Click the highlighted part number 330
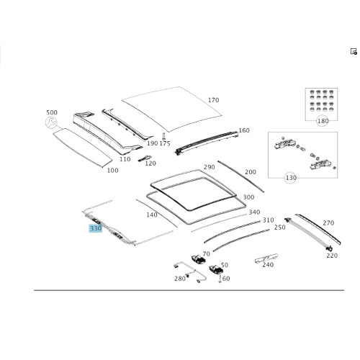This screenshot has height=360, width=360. pyautogui.click(x=96, y=228)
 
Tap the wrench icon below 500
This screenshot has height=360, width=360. pyautogui.click(x=51, y=122)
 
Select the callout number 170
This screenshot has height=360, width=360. pyautogui.click(x=213, y=100)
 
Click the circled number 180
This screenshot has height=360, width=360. pyautogui.click(x=323, y=121)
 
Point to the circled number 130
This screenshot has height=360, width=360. pyautogui.click(x=291, y=178)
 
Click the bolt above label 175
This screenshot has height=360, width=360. pyautogui.click(x=164, y=136)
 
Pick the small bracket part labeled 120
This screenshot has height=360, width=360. pyautogui.click(x=145, y=158)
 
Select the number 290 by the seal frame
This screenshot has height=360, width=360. pyautogui.click(x=209, y=167)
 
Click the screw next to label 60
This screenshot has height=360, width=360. pyautogui.click(x=220, y=279)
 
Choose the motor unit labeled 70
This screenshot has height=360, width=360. pyautogui.click(x=198, y=260)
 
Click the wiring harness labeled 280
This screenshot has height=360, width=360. pyautogui.click(x=189, y=272)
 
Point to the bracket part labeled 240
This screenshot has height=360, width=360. pyautogui.click(x=266, y=258)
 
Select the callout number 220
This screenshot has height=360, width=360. pyautogui.click(x=332, y=256)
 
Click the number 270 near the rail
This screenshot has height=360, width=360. pyautogui.click(x=328, y=223)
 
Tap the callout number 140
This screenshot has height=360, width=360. pyautogui.click(x=152, y=215)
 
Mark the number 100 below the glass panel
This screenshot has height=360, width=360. pyautogui.click(x=112, y=171)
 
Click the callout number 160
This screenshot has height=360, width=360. pyautogui.click(x=244, y=130)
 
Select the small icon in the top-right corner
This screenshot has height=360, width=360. pyautogui.click(x=354, y=51)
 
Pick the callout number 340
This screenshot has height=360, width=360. pyautogui.click(x=254, y=212)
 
